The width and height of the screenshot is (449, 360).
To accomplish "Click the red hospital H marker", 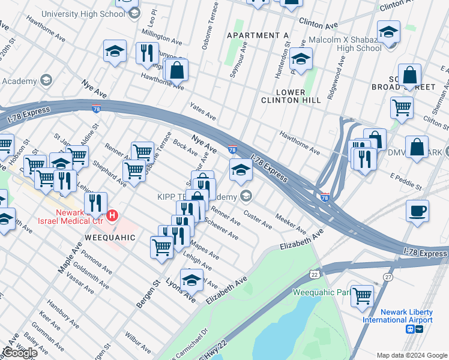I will click(x=112, y=215).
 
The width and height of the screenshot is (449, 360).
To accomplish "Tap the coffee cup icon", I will click(x=417, y=212).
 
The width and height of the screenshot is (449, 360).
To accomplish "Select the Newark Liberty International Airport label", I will click(x=397, y=316).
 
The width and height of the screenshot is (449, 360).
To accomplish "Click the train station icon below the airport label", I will click(x=410, y=329).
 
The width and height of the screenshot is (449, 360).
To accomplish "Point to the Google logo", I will click(x=20, y=353).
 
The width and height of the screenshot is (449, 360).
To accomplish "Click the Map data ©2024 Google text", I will click(x=412, y=355).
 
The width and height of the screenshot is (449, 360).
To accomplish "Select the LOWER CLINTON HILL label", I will click(x=291, y=96).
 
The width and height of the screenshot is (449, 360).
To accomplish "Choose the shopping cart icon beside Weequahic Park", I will click(x=362, y=295).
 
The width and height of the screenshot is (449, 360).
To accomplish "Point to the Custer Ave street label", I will click(x=258, y=219).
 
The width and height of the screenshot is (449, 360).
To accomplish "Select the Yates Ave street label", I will click(x=202, y=111).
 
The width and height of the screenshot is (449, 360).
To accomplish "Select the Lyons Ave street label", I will click(x=181, y=289).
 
